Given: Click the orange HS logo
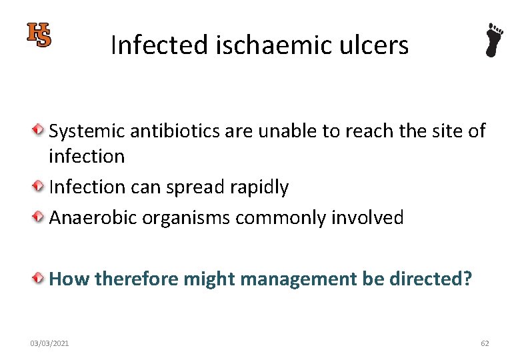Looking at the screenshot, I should click(39, 35).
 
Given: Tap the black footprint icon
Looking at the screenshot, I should click(494, 40).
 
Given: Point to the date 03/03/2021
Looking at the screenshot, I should click(49, 343).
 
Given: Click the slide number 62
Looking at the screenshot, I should click(485, 343).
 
